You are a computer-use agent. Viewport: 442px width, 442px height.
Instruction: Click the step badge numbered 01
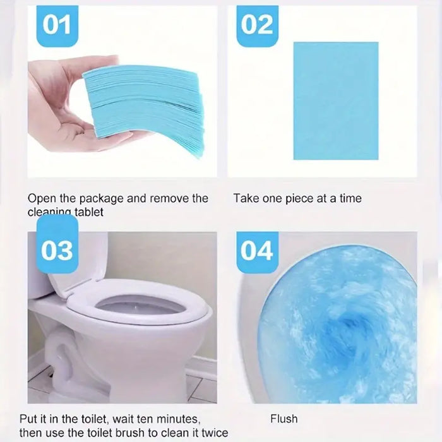pos(57,25)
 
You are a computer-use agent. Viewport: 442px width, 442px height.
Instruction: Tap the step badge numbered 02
pos(256,25)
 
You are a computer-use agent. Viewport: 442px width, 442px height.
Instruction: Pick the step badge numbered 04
pos(257,251)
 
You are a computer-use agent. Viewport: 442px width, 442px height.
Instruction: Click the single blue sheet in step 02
pos(335,100)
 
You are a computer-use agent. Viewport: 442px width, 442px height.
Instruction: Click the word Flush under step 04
pos(284,418)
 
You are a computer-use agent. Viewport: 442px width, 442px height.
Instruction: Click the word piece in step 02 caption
pos(299,198)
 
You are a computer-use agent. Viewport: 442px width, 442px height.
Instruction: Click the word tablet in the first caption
pos(89,213)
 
